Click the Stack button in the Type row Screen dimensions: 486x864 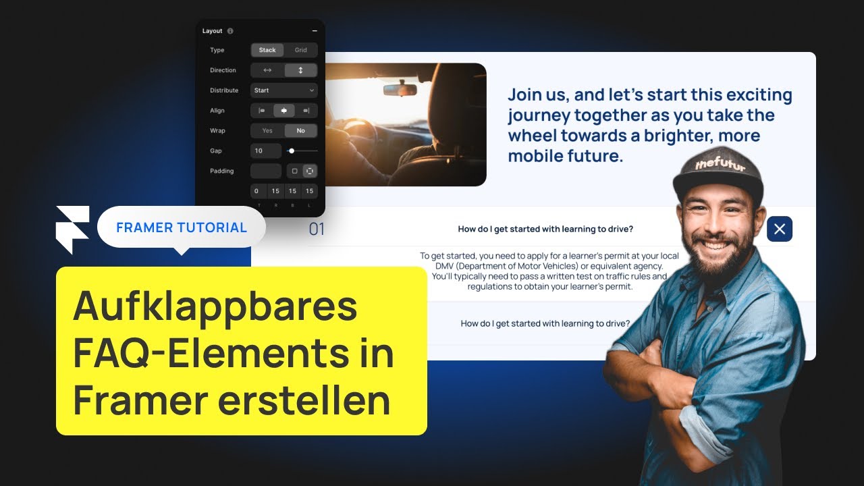click(x=267, y=50)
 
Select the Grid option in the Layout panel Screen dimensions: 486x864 click(x=301, y=50)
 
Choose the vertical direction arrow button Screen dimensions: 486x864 click(x=300, y=70)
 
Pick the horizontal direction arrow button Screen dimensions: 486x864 click(x=267, y=70)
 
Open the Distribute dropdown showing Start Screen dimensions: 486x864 click(x=283, y=90)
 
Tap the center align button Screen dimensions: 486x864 click(x=283, y=111)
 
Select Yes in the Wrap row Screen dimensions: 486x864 click(x=267, y=131)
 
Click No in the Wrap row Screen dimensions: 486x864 click(x=300, y=131)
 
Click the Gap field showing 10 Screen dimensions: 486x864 click(x=265, y=151)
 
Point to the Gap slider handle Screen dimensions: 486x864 click(x=292, y=151)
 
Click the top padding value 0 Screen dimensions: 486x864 click(x=257, y=192)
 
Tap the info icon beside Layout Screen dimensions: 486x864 click(x=230, y=31)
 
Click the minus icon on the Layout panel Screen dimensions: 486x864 click(x=315, y=31)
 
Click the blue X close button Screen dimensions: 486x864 click(x=780, y=229)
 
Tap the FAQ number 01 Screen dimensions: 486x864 click(x=317, y=230)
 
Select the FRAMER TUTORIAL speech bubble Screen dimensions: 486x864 click(x=182, y=227)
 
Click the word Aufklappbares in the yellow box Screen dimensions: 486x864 click(x=215, y=306)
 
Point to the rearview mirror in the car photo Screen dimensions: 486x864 click(x=400, y=89)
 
